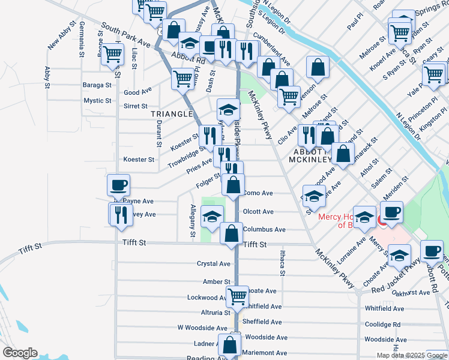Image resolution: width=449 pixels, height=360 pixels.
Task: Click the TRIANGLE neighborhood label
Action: coord(171,113)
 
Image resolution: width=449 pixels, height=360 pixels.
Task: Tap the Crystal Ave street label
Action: coord(214,264)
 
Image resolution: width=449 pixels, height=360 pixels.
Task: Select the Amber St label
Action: coord(216,281)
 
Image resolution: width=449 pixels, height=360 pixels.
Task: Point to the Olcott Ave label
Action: coord(258,212)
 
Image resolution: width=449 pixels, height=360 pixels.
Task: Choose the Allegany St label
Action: coord(193,221)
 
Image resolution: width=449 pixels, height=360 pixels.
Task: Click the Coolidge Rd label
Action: coord(382,325)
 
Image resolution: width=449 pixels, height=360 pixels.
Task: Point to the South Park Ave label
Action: coord(125,35)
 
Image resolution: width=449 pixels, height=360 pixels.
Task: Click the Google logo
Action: coord(20,353)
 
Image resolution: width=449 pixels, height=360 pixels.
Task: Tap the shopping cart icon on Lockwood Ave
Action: coord(237,296)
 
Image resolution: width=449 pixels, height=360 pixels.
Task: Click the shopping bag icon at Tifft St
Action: coord(231,233)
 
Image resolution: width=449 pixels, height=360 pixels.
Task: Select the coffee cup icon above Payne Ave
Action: coord(118,185)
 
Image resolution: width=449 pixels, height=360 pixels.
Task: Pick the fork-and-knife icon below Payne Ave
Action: coord(120,214)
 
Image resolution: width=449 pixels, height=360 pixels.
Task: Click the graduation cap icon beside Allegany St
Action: coord(212,216)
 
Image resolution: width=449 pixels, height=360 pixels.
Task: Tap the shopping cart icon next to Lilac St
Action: coord(112,54)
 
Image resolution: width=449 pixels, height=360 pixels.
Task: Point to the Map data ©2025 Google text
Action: coord(412,355)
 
